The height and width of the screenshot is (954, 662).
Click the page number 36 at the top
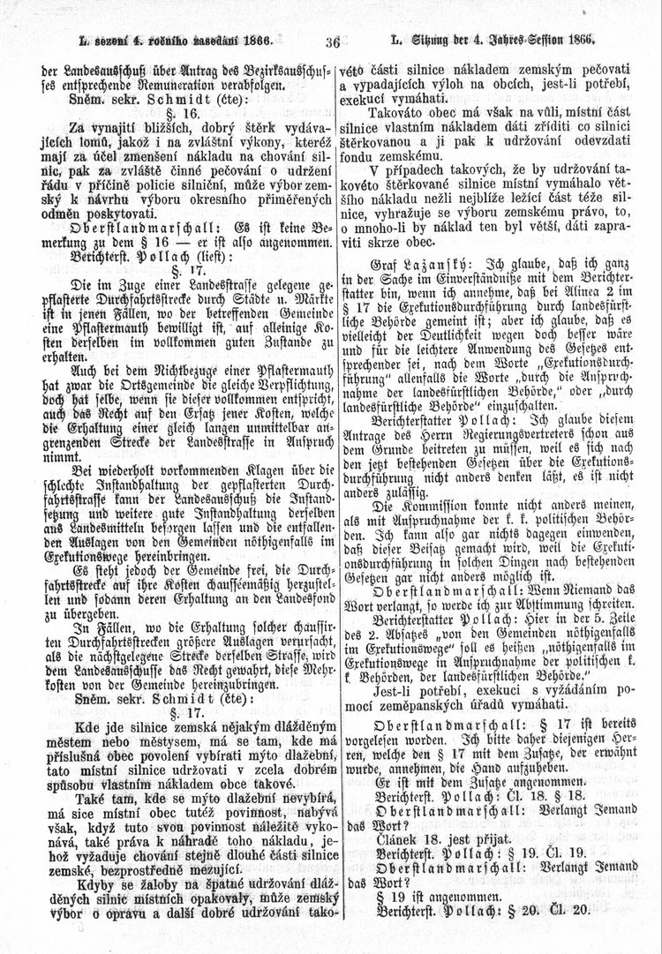tap(332, 41)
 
